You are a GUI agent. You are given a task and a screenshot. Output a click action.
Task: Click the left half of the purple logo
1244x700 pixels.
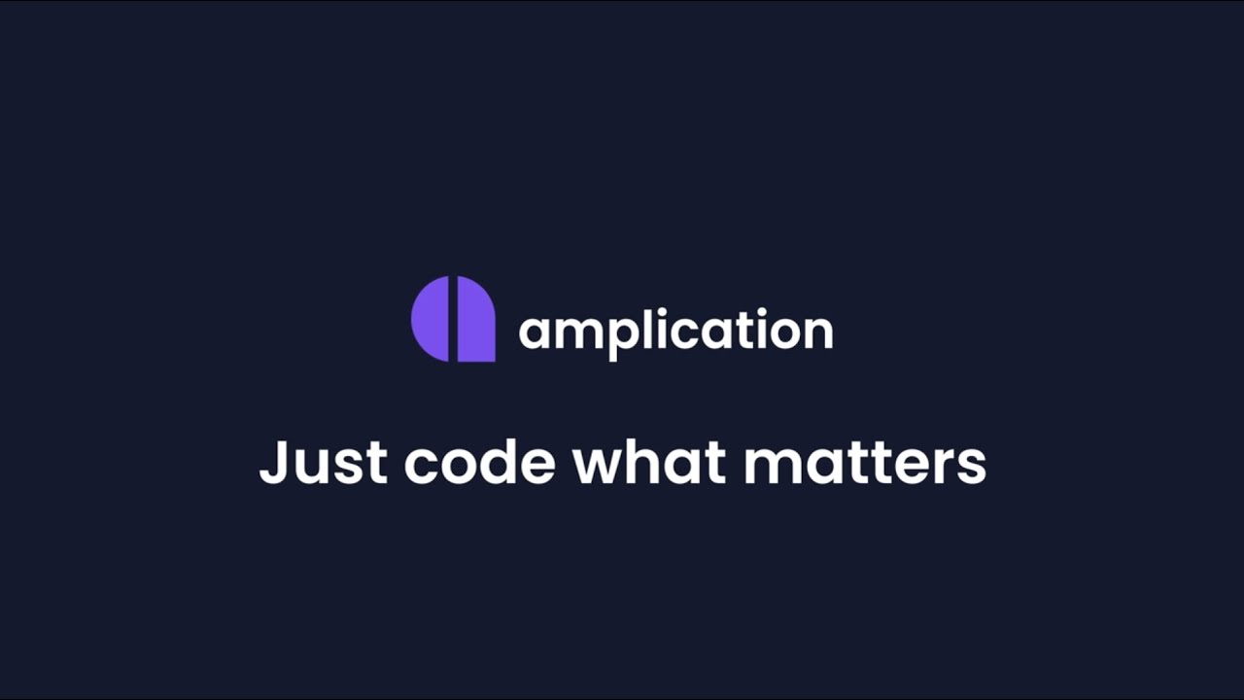[x=430, y=319]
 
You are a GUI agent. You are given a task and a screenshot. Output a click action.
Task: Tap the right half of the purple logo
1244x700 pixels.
[x=475, y=321]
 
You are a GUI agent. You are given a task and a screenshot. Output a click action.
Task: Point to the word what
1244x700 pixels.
[x=649, y=462]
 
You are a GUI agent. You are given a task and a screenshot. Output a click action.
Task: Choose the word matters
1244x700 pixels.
[x=865, y=462]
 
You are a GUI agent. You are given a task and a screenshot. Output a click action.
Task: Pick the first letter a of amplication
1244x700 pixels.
[x=533, y=333]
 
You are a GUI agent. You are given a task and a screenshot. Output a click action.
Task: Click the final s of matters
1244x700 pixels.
[x=972, y=467]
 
